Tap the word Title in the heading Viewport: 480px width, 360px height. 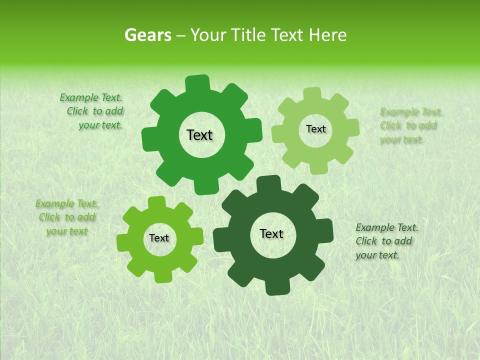[x=249, y=35]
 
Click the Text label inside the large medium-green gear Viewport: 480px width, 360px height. [x=199, y=135]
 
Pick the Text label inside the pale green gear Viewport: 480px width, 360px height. [x=315, y=129]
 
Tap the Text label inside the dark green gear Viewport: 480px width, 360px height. [x=271, y=234]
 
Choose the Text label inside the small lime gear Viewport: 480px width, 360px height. [x=159, y=238]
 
